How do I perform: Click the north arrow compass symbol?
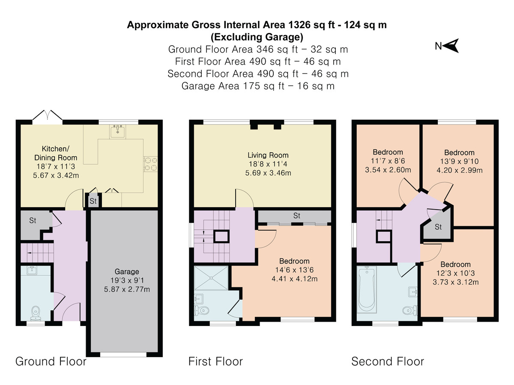click(451, 46)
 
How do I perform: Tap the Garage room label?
click(127, 271)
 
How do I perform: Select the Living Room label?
click(268, 155)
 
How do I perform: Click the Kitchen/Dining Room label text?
click(56, 153)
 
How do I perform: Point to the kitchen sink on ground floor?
click(117, 131)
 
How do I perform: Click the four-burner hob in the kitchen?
click(151, 164)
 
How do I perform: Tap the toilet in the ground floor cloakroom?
click(36, 313)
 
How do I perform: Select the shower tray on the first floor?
click(211, 278)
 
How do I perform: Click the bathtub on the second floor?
click(367, 289)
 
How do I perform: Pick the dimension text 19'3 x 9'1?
click(127, 280)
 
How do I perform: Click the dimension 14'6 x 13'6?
click(294, 270)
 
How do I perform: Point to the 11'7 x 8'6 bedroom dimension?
click(388, 161)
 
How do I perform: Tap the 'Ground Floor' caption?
click(51, 361)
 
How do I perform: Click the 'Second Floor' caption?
click(388, 361)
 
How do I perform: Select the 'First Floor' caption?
click(215, 361)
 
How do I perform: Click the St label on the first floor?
click(297, 216)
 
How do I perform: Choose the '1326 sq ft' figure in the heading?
click(311, 25)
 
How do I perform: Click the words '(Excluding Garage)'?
click(257, 37)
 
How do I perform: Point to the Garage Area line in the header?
click(258, 86)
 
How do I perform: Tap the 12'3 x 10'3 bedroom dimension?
click(455, 273)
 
